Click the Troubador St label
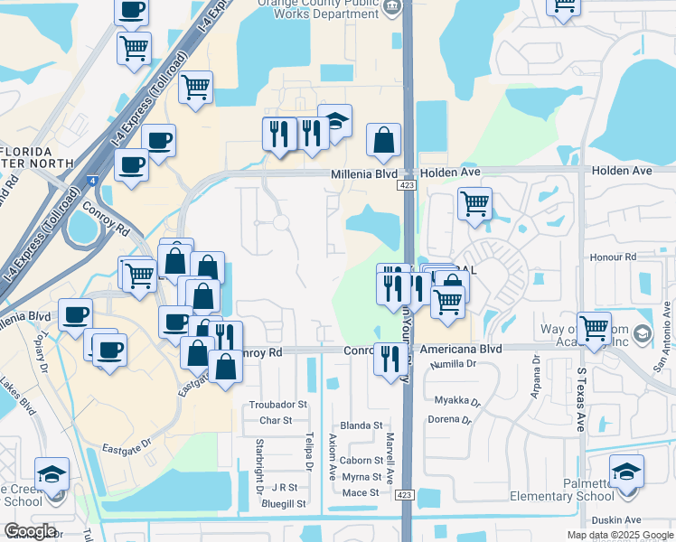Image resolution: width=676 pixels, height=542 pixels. pyautogui.click(x=278, y=405)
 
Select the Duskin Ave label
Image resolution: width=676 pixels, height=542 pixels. pyautogui.click(x=615, y=520)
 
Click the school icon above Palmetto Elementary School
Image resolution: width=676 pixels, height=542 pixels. pyautogui.click(x=627, y=472)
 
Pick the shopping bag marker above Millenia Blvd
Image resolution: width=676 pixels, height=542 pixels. pyautogui.click(x=384, y=140)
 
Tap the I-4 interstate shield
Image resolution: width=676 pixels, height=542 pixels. pyautogui.click(x=93, y=181)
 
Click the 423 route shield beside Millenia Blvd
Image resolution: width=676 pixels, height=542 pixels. pyautogui.click(x=405, y=185)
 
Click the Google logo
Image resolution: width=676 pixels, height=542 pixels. pyautogui.click(x=31, y=531)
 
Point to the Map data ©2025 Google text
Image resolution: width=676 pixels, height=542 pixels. pyautogui.click(x=619, y=535)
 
